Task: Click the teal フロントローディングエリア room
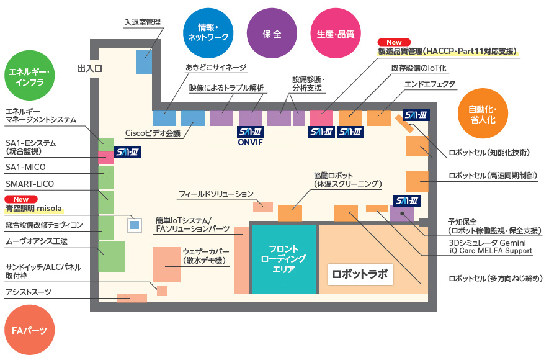(x=283, y=259)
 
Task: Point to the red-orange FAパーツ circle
(x=29, y=330)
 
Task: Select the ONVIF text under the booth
(x=251, y=142)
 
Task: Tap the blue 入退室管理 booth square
(x=145, y=62)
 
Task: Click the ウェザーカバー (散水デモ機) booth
(x=167, y=264)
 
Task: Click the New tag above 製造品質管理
(x=395, y=42)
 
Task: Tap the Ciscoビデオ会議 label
(x=152, y=133)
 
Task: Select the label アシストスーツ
(x=29, y=292)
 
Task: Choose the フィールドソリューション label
(x=216, y=194)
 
